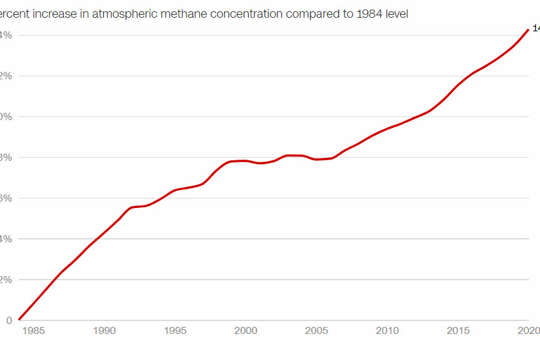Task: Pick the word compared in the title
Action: (329, 14)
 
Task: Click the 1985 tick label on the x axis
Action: (34, 331)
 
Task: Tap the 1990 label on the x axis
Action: (104, 331)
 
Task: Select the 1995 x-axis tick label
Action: (175, 331)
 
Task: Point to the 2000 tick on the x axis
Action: (246, 331)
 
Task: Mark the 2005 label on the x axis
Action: (317, 331)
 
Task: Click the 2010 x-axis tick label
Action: (387, 331)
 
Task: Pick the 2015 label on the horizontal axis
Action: (458, 331)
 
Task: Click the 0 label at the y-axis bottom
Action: (9, 321)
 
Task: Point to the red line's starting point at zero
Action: (20, 319)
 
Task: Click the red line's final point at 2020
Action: (528, 30)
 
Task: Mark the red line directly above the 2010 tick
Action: (387, 128)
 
